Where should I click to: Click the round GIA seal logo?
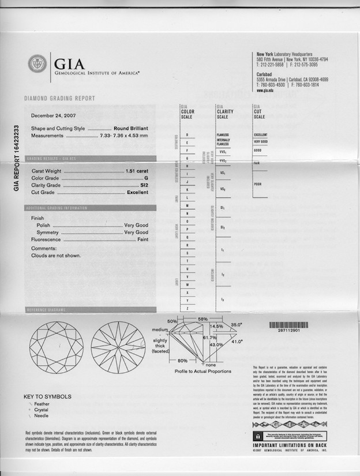pos(37,63)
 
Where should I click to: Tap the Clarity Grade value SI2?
pos(144,185)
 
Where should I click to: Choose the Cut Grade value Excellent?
pos(137,192)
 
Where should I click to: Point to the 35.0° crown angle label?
pos(236,325)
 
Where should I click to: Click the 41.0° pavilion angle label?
pos(237,342)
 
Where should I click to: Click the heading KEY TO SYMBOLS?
pos(47,396)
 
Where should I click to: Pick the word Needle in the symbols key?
pos(42,415)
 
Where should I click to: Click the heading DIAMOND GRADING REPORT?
pos(59,99)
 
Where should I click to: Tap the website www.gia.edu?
pos(265,91)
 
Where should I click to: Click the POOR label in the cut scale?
pos(258,184)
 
